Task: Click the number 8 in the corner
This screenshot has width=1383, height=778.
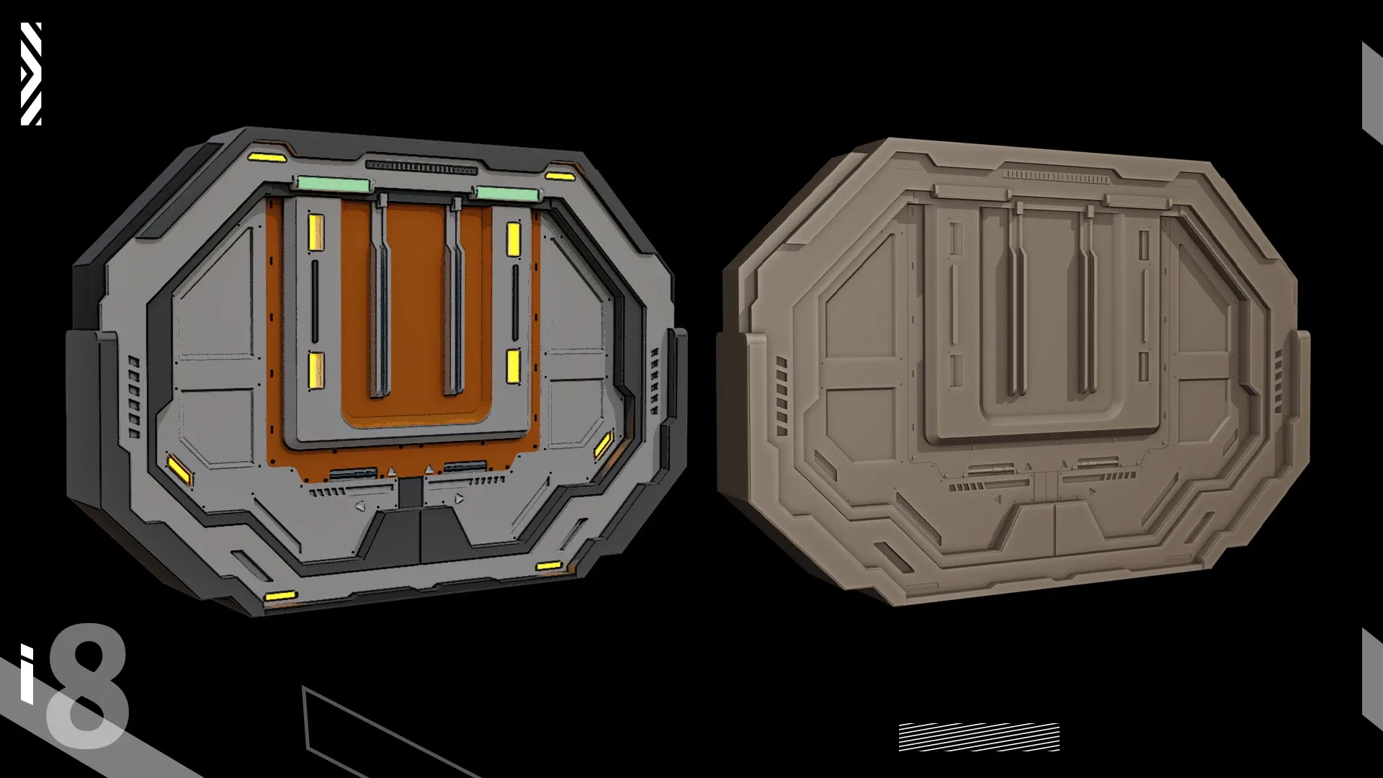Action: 86,688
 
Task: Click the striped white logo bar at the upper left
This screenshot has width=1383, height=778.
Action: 31,73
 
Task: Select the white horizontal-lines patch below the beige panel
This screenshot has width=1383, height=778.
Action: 979,737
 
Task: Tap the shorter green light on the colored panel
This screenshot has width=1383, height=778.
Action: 506,194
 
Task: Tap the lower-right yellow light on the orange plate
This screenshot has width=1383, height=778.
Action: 513,367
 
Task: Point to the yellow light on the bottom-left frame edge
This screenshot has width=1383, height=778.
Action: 280,596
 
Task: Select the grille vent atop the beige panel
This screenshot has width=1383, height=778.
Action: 1057,176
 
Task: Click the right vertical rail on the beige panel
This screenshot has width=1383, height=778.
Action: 1087,303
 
